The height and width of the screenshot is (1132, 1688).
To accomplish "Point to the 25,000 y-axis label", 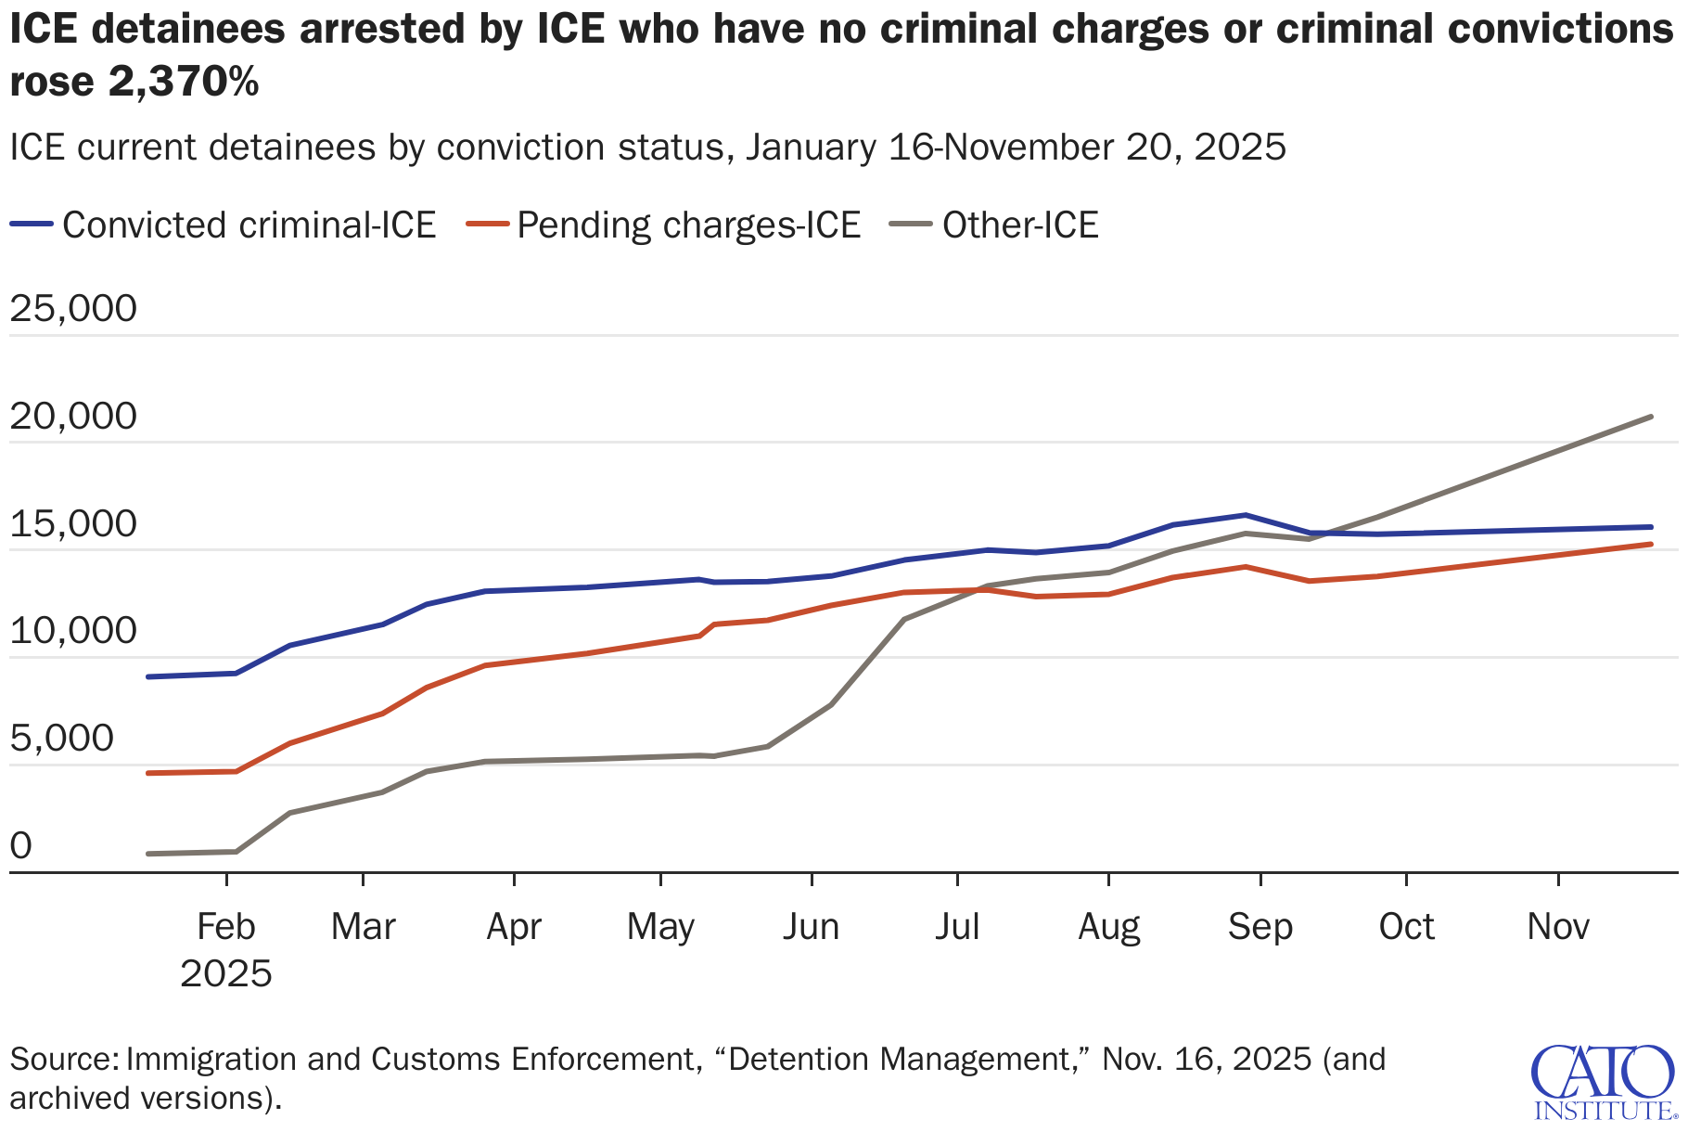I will tap(72, 309).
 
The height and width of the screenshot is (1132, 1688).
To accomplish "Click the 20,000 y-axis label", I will tap(72, 417).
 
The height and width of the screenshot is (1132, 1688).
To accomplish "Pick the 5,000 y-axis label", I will tap(61, 739).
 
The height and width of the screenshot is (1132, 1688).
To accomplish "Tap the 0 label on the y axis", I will tap(19, 846).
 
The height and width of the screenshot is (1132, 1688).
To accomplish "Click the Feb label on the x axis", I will tap(226, 927).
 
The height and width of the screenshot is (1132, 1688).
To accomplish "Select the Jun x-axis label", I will tap(811, 927).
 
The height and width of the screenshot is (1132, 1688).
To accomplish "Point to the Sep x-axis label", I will tap(1260, 927).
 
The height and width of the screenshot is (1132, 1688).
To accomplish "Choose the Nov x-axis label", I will tap(1558, 927).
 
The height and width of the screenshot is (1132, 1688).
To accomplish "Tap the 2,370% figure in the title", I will tap(184, 83).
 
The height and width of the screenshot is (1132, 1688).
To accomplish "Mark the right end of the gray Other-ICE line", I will tap(1651, 417).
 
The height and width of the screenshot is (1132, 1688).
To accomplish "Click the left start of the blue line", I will tap(148, 676).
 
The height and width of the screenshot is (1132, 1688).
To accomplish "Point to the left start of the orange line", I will tap(148, 773).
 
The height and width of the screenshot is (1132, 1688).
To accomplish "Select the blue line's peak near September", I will tap(1246, 515).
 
